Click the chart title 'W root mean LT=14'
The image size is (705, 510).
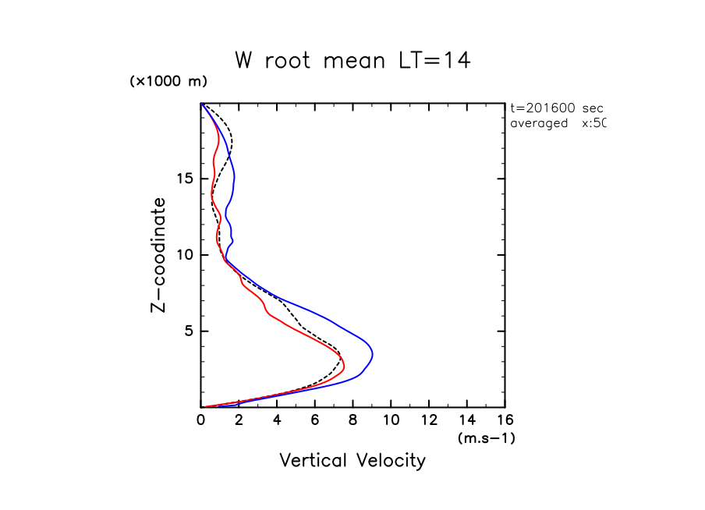click(352, 61)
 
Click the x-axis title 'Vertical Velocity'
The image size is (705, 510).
click(352, 461)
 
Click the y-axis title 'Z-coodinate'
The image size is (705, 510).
click(158, 255)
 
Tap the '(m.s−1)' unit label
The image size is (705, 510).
click(486, 438)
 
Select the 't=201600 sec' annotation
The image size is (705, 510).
click(556, 108)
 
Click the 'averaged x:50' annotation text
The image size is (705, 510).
click(557, 123)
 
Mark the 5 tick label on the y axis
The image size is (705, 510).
click(187, 331)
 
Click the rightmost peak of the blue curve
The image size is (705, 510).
click(373, 355)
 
